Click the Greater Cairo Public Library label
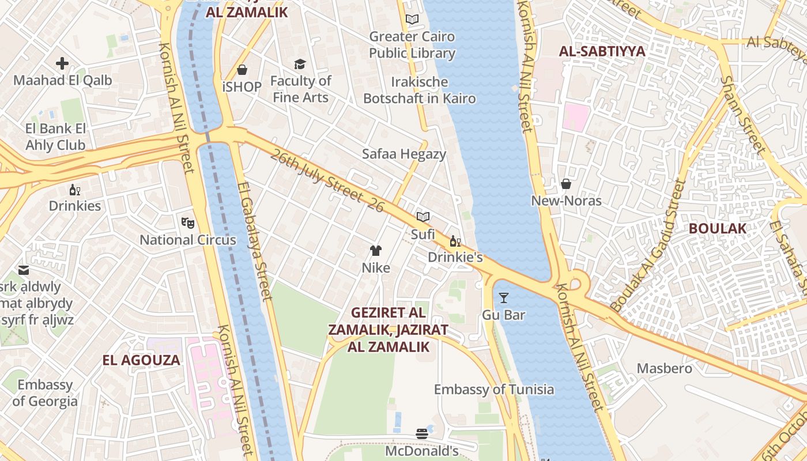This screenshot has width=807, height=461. click(412, 45)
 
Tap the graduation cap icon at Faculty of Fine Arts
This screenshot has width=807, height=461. click(300, 64)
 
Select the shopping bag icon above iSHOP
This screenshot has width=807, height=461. click(242, 70)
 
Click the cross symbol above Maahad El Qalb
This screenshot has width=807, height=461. click(62, 63)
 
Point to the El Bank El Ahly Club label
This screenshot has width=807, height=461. click(55, 137)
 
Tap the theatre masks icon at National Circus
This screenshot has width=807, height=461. click(187, 222)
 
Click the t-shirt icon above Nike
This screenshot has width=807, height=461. click(376, 250)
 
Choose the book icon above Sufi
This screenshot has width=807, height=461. click(423, 217)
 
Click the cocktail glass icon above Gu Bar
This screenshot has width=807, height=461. click(504, 297)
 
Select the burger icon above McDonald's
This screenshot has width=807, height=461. click(422, 434)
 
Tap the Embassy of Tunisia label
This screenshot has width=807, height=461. click(494, 390)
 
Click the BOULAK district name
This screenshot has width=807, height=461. click(718, 228)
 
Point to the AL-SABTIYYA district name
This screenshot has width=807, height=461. click(602, 51)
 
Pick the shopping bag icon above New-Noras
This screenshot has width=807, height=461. click(566, 184)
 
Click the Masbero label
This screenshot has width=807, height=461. click(664, 368)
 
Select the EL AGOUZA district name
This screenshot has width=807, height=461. click(141, 361)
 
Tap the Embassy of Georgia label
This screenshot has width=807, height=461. click(45, 393)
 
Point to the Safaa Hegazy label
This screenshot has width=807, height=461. click(404, 154)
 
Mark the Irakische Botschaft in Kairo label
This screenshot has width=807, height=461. click(420, 90)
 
